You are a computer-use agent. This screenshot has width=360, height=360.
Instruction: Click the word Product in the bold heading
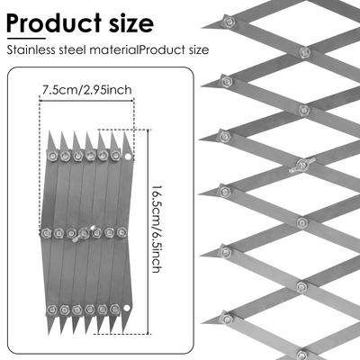pos(54,23)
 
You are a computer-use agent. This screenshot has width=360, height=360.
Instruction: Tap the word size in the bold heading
pos(131,24)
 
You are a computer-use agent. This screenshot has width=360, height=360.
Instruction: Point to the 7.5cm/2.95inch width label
pos(87,90)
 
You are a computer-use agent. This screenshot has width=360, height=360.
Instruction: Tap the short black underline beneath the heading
pos(26,39)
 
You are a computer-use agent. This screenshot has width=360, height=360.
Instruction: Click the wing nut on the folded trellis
pos(83,234)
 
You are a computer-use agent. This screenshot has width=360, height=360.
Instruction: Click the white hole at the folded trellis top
pos(128,157)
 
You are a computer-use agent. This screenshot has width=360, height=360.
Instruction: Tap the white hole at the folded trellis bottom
pos(126,308)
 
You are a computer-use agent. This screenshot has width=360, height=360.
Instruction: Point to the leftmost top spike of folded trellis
pos(50,141)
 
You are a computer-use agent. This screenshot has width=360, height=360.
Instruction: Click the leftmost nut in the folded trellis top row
pos(52,156)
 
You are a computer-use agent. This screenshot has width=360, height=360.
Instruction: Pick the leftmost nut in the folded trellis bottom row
pos(52,309)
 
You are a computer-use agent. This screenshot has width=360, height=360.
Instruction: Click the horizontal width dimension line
pos(86,101)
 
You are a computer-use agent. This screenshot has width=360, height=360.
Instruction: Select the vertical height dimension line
pos(148,231)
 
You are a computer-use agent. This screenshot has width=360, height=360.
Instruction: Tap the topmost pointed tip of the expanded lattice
pos(202,28)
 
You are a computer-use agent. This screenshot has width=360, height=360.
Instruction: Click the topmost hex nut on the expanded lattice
pos(229,21)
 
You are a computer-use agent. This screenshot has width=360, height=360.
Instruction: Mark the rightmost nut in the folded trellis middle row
pos(121,232)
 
